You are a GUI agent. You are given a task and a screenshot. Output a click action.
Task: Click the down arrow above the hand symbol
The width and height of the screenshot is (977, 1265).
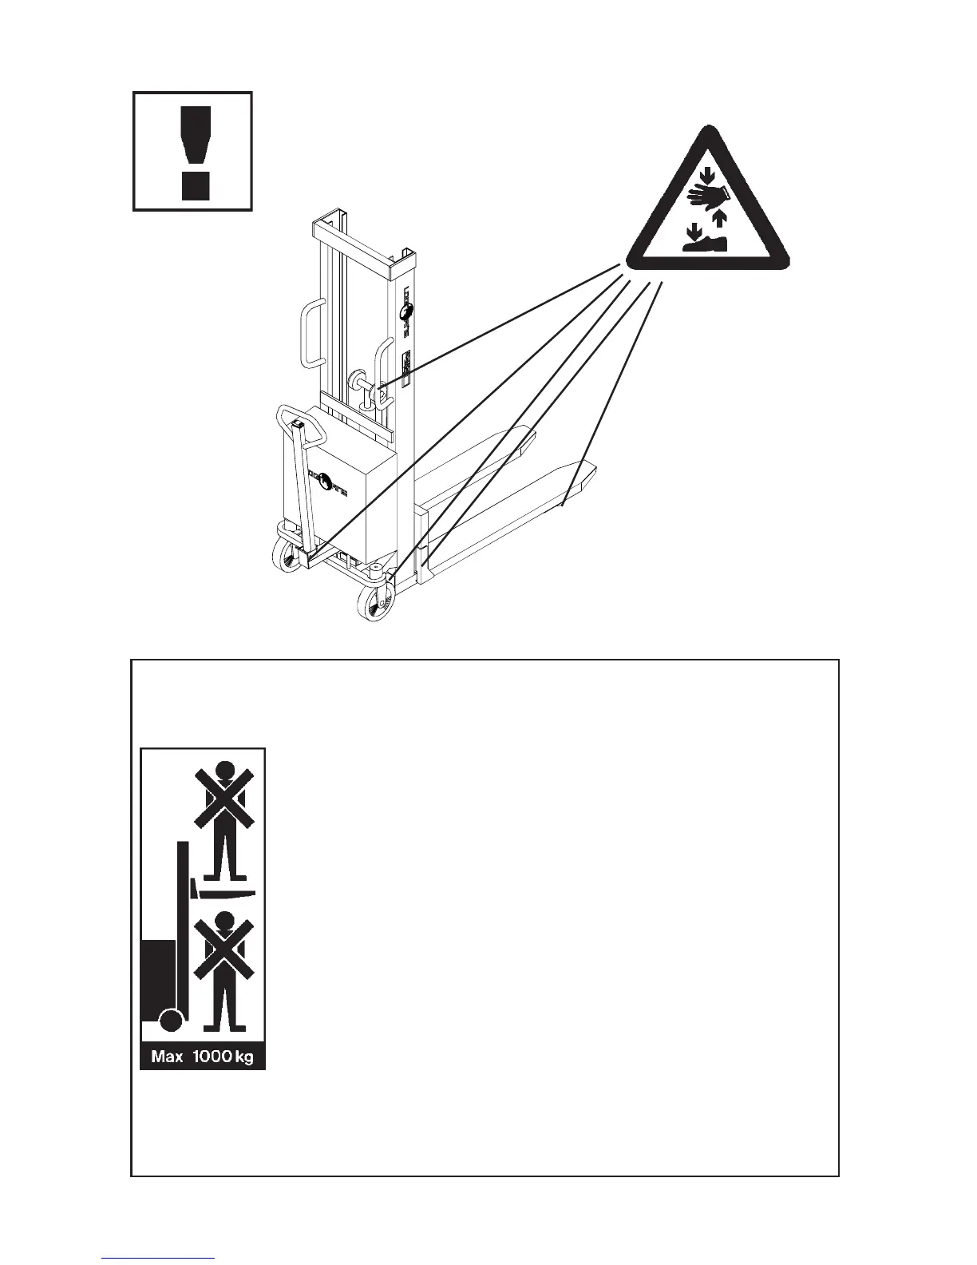(x=705, y=172)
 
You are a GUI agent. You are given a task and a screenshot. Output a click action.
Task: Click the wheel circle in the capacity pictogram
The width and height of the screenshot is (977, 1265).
(x=170, y=1020)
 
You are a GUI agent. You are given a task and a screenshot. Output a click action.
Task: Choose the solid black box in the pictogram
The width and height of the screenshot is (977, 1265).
(x=157, y=979)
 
